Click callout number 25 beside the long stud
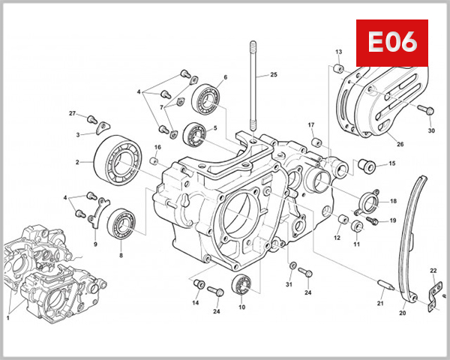274,74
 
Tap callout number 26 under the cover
400,144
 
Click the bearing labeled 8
120,223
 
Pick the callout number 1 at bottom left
8,318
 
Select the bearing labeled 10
242,284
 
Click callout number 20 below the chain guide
402,313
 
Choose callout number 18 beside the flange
393,202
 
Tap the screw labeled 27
91,118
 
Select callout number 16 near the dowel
157,147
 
